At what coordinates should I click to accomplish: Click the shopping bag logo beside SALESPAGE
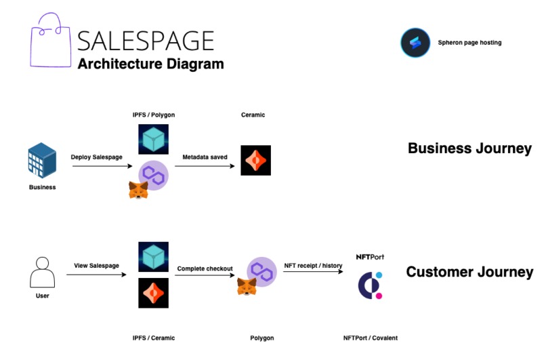(x=50, y=43)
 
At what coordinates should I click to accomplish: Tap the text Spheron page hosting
(x=469, y=43)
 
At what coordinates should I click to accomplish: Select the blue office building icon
(x=42, y=161)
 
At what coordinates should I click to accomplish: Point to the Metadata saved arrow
(x=205, y=166)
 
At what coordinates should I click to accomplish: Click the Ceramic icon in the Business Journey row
(x=255, y=161)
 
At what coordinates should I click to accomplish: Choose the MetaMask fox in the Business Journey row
(x=138, y=190)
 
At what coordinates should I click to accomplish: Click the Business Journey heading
(x=469, y=148)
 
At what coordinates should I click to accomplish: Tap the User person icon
(x=42, y=273)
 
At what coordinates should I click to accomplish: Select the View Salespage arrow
(x=96, y=275)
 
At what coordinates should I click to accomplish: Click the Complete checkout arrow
(x=205, y=277)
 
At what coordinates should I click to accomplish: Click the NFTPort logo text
(x=370, y=257)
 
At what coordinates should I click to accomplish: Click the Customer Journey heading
(x=469, y=272)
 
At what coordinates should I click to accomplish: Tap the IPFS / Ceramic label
(x=153, y=338)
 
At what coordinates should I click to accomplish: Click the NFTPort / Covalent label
(x=370, y=338)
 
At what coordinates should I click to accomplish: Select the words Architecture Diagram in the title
(x=150, y=64)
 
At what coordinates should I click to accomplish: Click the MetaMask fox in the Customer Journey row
(x=246, y=287)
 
